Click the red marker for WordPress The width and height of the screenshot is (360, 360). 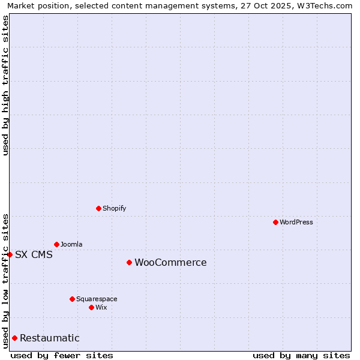(275, 222)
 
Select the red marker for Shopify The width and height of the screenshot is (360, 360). (98, 208)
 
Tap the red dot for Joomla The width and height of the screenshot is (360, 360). (56, 244)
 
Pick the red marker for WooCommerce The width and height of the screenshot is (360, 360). (129, 262)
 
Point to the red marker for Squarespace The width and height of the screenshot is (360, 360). (72, 299)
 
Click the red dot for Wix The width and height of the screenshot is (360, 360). (91, 307)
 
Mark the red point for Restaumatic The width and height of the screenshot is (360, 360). (14, 338)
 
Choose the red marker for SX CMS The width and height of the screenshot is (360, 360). (10, 254)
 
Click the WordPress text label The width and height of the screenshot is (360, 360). (296, 222)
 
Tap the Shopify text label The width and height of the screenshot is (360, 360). (114, 208)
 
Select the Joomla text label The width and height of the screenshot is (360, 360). (71, 244)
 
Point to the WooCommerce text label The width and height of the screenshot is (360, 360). (170, 262)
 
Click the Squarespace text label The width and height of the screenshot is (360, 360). (97, 299)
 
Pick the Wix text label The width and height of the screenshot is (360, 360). (101, 307)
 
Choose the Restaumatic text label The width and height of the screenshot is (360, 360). (49, 338)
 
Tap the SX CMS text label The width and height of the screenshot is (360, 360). (34, 254)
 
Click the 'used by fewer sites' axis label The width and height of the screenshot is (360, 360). (62, 355)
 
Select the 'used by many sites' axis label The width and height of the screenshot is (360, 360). (301, 355)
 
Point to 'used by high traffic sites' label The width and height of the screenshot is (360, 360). (5, 85)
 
